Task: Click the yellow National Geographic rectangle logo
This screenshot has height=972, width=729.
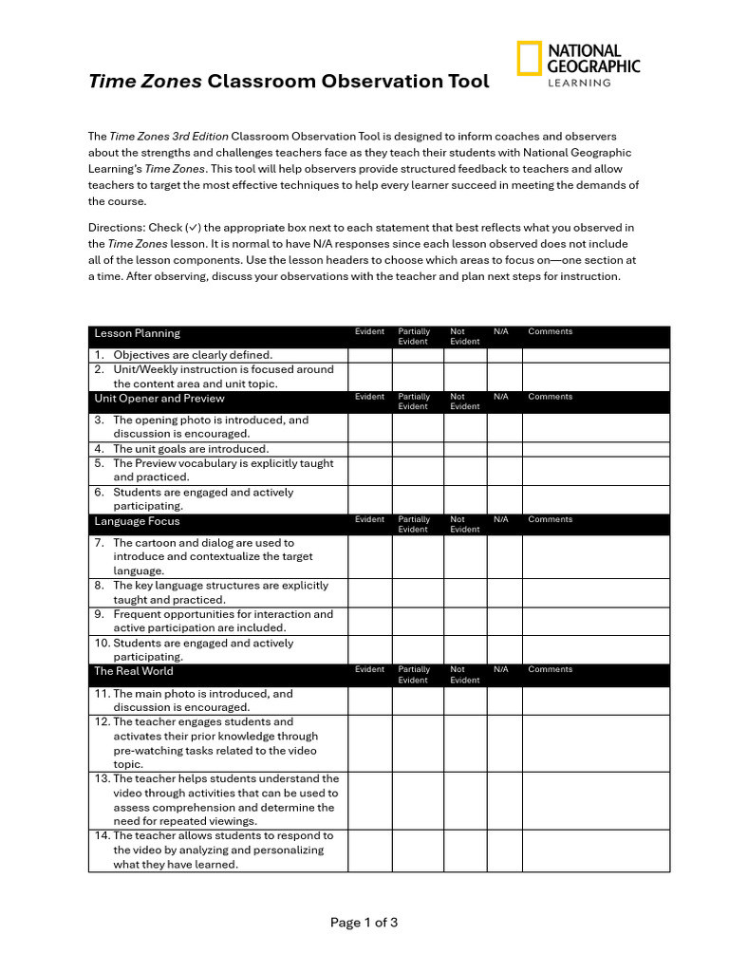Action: coord(530,59)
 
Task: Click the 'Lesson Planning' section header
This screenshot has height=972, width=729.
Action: coord(137,333)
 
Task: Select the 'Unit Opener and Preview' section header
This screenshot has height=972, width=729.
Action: coord(159,399)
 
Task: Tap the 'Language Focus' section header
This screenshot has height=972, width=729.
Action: coord(137,521)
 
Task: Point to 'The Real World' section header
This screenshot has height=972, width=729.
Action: coord(134,671)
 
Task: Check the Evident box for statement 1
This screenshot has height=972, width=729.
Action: coord(369,355)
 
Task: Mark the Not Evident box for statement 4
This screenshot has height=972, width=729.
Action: coord(465,449)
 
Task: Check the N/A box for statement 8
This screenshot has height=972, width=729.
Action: coord(504,593)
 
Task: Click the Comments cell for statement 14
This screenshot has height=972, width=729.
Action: coord(595,850)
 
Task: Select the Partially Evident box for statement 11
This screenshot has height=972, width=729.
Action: coord(418,701)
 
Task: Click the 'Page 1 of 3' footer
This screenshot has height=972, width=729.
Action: coord(364,923)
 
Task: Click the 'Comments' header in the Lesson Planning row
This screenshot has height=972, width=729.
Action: coord(550,331)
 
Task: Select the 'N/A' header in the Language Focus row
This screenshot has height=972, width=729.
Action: coord(501,519)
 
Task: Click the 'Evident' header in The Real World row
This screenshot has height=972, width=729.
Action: coord(369,669)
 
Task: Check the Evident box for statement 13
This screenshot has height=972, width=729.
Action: coord(369,800)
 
